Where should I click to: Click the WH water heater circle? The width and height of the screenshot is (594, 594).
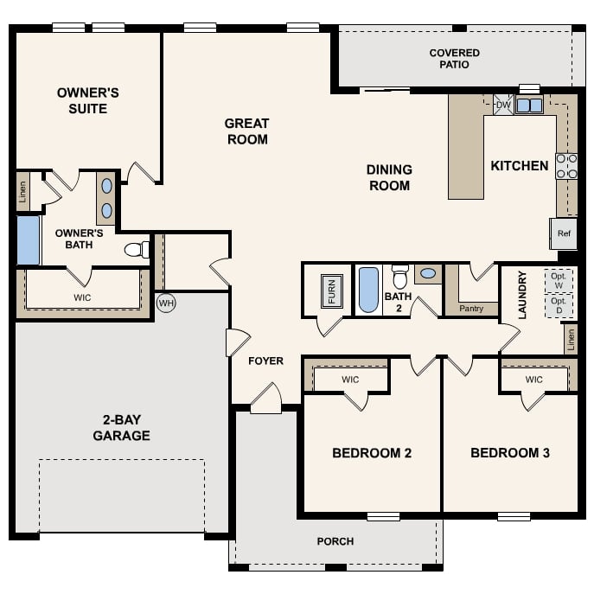coord(166,303)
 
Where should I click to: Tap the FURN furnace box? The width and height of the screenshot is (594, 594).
coord(331,290)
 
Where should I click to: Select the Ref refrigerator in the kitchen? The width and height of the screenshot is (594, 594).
coord(564,233)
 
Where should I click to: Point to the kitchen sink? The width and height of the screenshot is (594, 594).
coord(529,105)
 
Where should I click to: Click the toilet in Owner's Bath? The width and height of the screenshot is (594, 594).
coord(136,250)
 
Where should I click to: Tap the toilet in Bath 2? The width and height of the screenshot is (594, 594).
coord(399,278)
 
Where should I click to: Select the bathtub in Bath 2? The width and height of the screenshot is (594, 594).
coord(368,289)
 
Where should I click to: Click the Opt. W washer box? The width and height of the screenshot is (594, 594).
coord(558,280)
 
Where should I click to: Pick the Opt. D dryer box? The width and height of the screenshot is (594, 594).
coord(558,305)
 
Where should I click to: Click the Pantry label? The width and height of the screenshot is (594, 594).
coord(471,308)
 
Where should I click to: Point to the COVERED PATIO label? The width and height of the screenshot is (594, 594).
coord(454,59)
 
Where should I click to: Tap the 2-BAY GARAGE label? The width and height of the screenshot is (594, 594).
coord(121,428)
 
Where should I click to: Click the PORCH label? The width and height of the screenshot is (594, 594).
coord(335,541)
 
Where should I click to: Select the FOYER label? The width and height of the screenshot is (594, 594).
coord(265,361)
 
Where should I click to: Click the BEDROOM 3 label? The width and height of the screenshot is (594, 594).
coord(509,452)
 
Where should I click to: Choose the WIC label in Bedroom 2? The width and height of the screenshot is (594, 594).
coord(350,380)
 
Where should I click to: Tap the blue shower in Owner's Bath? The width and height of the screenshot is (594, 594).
coord(28,240)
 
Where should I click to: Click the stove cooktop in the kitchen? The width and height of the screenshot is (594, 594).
coord(566,166)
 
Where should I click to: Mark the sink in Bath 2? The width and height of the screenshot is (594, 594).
coord(427,275)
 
